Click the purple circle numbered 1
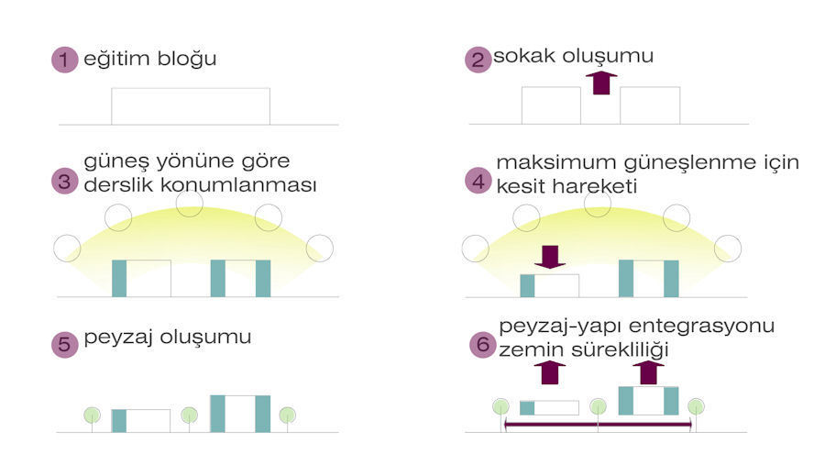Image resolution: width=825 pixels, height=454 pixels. (x=64, y=59)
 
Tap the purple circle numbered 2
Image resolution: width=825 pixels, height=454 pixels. (x=478, y=59)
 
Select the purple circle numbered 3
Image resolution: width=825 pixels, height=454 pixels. (x=64, y=182)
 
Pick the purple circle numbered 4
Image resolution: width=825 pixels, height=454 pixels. (x=478, y=182)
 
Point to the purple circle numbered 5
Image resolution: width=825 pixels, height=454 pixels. (x=64, y=345)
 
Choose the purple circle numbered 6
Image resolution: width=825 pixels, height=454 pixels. (x=482, y=345)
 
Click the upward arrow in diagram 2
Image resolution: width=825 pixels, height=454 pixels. (x=600, y=83)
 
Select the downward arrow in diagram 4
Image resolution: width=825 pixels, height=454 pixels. (x=550, y=257)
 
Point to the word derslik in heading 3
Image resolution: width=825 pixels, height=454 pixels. (x=119, y=185)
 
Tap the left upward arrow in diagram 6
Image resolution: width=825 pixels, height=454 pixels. (x=549, y=371)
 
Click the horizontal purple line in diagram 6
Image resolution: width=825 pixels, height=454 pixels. (x=598, y=424)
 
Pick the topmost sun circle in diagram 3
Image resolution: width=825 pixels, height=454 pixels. (x=190, y=204)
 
